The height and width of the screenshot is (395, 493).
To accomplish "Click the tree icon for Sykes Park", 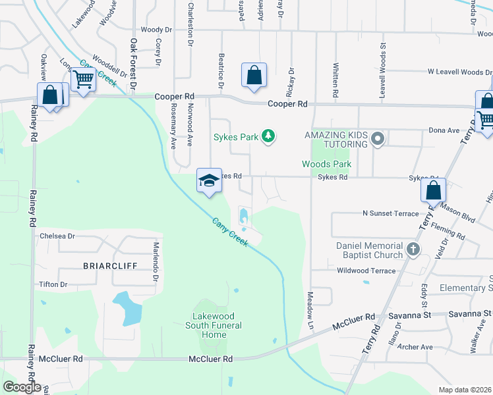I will pos(268,136).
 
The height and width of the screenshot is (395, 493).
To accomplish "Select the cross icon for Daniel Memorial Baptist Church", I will pos(413,250).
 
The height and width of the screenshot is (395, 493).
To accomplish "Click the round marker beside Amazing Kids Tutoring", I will pos(378,139).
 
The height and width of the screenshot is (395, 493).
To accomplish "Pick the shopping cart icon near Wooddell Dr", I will pos(83,80).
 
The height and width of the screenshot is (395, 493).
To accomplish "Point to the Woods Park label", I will pos(326,164).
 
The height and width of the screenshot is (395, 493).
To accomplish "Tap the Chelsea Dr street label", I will pos(58,235).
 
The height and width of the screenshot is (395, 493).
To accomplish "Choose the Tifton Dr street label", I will pos(54,284).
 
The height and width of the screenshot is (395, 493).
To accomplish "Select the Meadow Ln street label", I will pos(310,310).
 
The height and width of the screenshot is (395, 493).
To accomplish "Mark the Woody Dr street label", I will pos(156,30).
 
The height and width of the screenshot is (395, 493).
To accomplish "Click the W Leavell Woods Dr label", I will pos(459,71).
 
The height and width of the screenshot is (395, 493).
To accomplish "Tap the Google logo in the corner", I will pos(22,386).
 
